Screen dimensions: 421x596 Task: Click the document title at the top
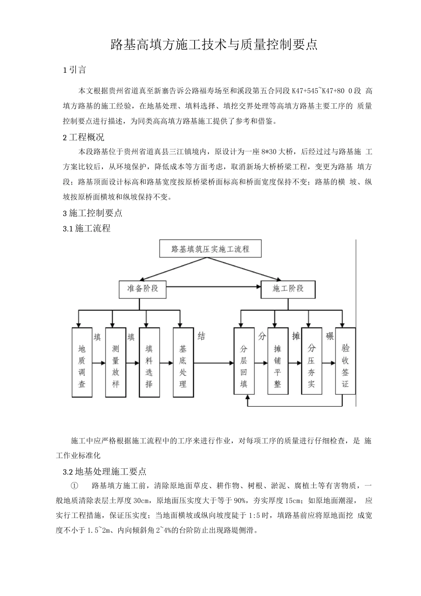[214, 44]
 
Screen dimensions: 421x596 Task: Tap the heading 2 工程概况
[84, 137]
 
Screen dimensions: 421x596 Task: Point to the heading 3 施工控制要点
[93, 213]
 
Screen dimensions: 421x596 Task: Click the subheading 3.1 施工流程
[87, 229]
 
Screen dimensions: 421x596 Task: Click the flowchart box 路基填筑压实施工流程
[210, 249]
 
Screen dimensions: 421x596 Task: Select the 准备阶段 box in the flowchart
[139, 289]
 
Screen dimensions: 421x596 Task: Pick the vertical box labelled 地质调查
[82, 362]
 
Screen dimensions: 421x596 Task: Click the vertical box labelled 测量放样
[116, 362]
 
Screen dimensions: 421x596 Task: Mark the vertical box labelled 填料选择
[149, 362]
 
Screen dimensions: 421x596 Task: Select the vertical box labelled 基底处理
[183, 362]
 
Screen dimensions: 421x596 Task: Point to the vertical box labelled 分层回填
[244, 362]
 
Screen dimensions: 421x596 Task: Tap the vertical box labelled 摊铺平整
[278, 362]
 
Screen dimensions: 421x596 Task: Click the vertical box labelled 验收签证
[345, 362]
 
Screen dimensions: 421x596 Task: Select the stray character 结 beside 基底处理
[201, 336]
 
